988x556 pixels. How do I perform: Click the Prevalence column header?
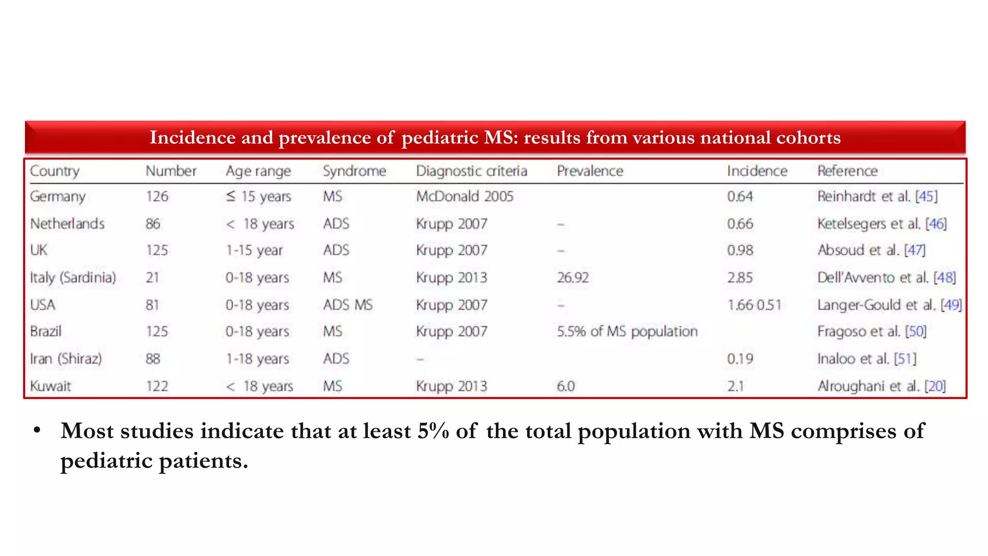pyautogui.click(x=590, y=171)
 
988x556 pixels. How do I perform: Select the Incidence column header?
pyautogui.click(x=756, y=171)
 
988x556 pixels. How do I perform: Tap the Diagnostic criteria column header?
pyautogui.click(x=471, y=171)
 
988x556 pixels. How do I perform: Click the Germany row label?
pyautogui.click(x=57, y=196)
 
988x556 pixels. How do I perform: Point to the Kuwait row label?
pyautogui.click(x=50, y=386)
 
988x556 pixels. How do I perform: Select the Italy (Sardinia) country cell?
pyautogui.click(x=73, y=278)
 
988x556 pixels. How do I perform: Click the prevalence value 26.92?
pyautogui.click(x=573, y=278)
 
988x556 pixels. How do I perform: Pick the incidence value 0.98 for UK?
pyautogui.click(x=740, y=250)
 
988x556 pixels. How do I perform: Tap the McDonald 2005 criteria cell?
pyautogui.click(x=465, y=196)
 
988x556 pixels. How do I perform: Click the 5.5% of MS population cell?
pyautogui.click(x=627, y=332)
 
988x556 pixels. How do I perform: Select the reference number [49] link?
pyautogui.click(x=951, y=305)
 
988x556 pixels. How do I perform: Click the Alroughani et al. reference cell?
pyautogui.click(x=881, y=386)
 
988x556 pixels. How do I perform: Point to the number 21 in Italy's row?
pyautogui.click(x=152, y=278)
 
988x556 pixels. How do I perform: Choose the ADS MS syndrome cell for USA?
pyautogui.click(x=347, y=305)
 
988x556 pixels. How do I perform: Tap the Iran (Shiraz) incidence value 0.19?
pyautogui.click(x=740, y=359)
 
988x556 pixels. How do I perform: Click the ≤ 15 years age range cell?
pyautogui.click(x=258, y=196)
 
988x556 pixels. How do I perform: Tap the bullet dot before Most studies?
pyautogui.click(x=37, y=430)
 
